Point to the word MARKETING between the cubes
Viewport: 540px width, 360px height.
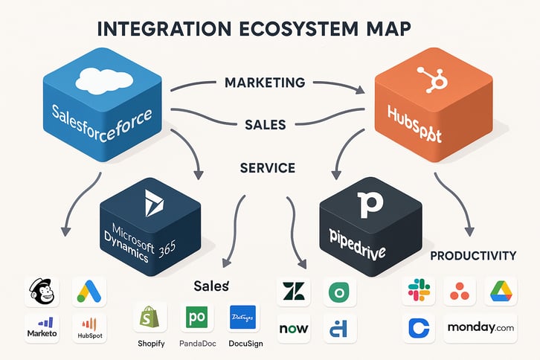(x=265, y=82)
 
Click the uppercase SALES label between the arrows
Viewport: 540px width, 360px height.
(x=264, y=125)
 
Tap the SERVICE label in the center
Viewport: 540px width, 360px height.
(x=268, y=168)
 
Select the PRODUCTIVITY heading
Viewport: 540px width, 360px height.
(x=474, y=256)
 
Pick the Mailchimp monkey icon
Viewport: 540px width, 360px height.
(x=42, y=292)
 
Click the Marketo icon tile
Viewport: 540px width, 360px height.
(x=42, y=328)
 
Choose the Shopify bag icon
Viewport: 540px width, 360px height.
(x=150, y=318)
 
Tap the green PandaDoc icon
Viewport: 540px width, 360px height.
(x=197, y=318)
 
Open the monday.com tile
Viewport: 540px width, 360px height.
(x=480, y=328)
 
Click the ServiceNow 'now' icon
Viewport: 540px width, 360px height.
(x=293, y=328)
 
